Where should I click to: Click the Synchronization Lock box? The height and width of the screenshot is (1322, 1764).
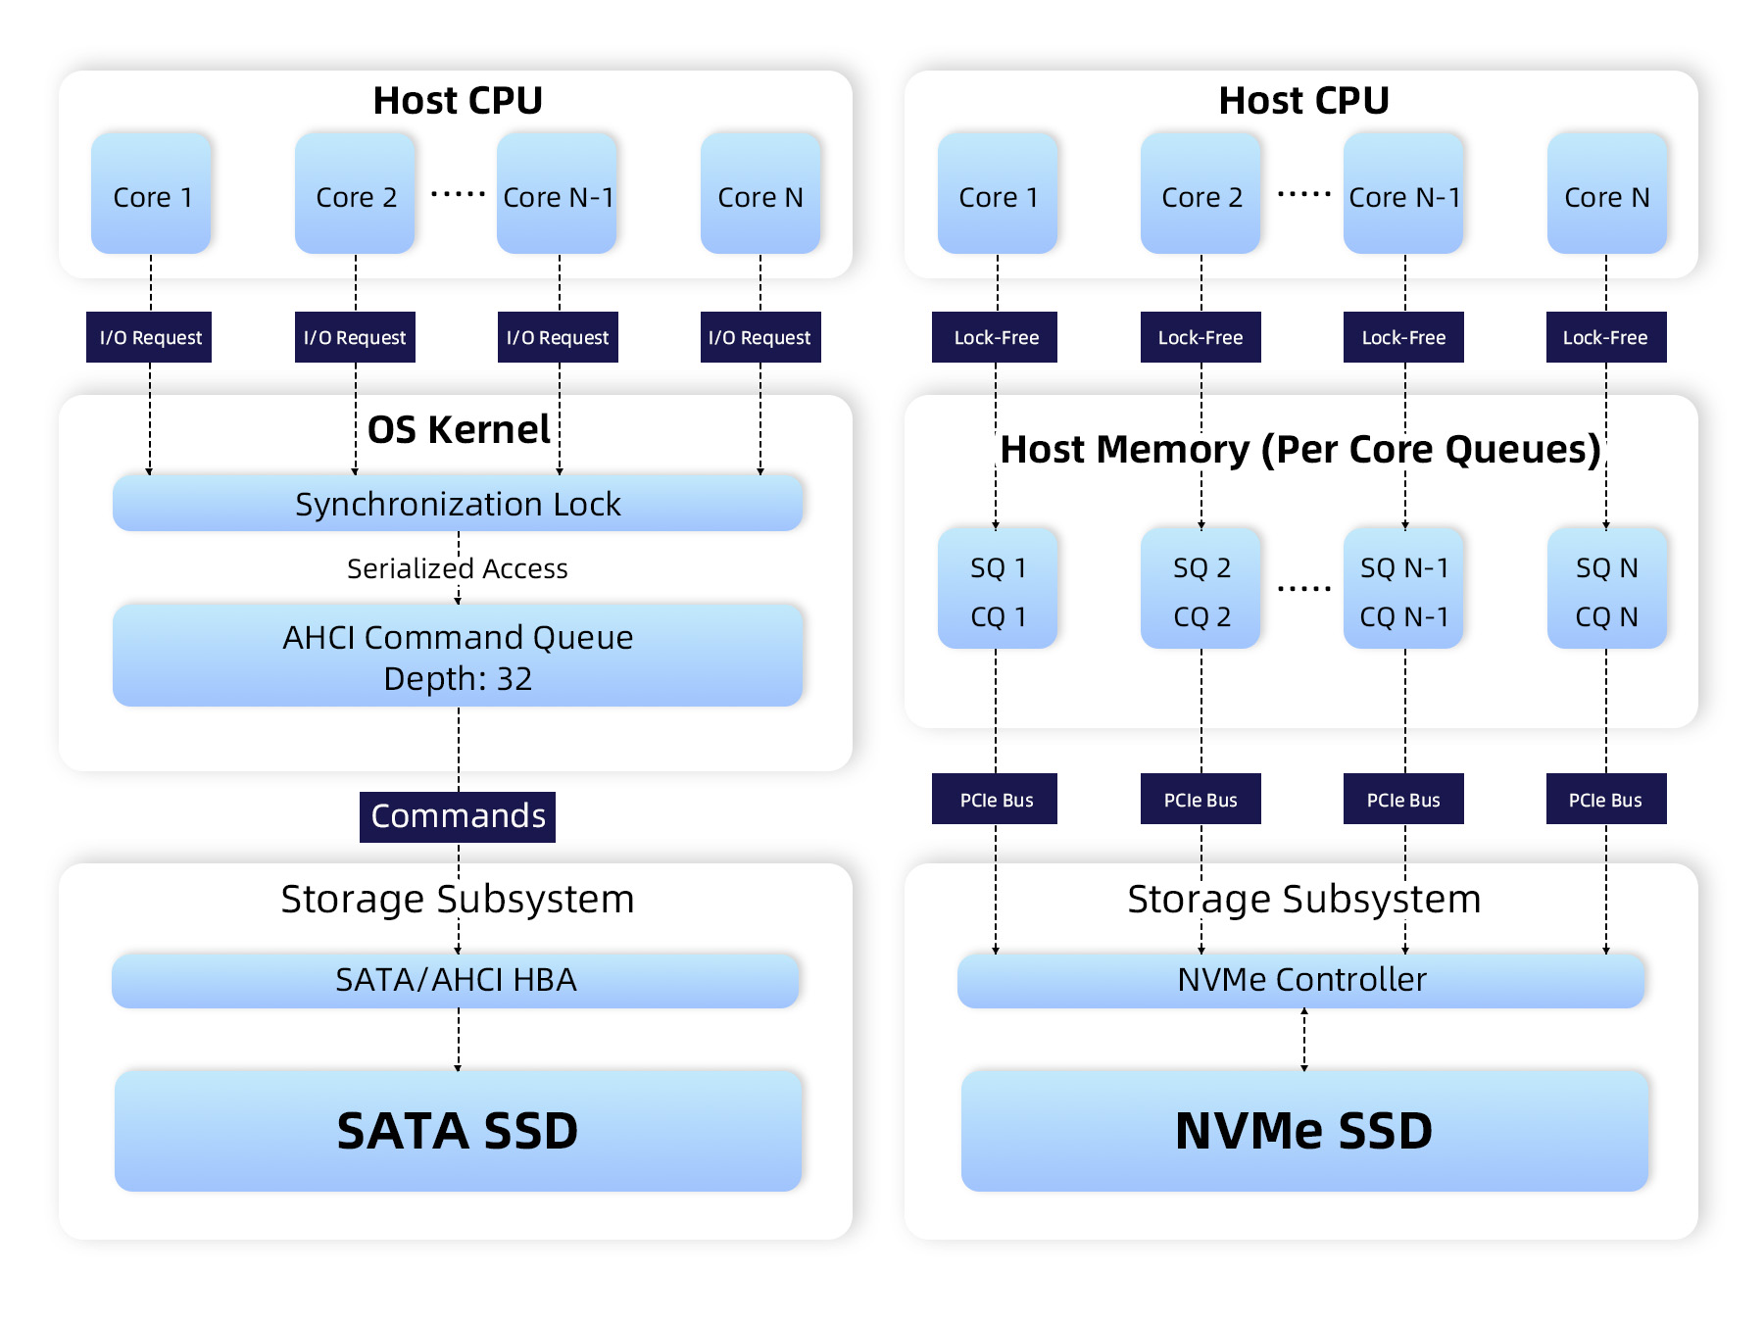point(458,504)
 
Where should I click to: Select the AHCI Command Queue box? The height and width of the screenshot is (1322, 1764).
point(458,656)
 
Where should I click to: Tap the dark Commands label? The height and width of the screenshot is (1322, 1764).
point(458,816)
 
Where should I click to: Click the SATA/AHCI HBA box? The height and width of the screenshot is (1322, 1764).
point(456,980)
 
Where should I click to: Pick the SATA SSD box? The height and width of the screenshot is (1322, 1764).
point(458,1131)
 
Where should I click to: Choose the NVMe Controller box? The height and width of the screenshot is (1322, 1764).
point(1301,980)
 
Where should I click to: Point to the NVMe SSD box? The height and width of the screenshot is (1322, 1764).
point(1304,1131)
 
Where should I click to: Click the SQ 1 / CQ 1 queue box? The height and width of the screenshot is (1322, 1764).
point(998,589)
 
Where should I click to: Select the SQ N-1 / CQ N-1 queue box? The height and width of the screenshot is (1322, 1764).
point(1403,589)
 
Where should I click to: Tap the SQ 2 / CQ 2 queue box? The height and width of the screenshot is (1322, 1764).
point(1200,589)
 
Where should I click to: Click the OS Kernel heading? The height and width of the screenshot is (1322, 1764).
point(458,429)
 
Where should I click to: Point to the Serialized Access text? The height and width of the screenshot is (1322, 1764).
point(458,568)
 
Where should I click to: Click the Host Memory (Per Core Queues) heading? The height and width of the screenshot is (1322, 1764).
point(1301,449)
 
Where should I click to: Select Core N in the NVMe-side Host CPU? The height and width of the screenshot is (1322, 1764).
point(1607,193)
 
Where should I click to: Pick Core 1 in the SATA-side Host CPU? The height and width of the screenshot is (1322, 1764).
point(151,193)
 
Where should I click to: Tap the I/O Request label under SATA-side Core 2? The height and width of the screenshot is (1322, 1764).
point(355,337)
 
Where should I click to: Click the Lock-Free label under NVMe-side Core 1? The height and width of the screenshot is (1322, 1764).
point(995,337)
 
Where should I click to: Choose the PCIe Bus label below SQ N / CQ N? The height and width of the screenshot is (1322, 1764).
point(1606,799)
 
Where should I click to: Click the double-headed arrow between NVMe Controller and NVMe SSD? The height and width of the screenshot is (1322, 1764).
point(1304,1040)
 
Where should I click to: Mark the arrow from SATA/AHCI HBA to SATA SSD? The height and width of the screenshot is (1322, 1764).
point(458,1040)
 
